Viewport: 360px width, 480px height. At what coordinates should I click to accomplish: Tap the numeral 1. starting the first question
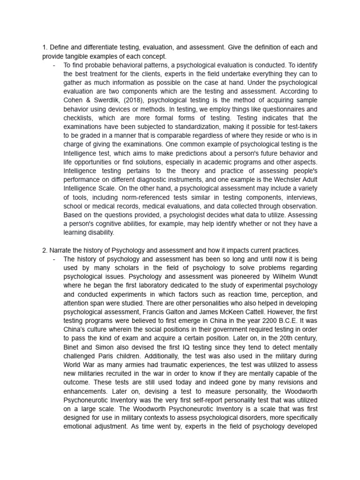coord(45,47)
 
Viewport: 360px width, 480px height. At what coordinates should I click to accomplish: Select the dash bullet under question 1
coord(55,65)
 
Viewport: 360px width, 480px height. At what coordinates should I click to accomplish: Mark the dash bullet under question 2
coord(55,259)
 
